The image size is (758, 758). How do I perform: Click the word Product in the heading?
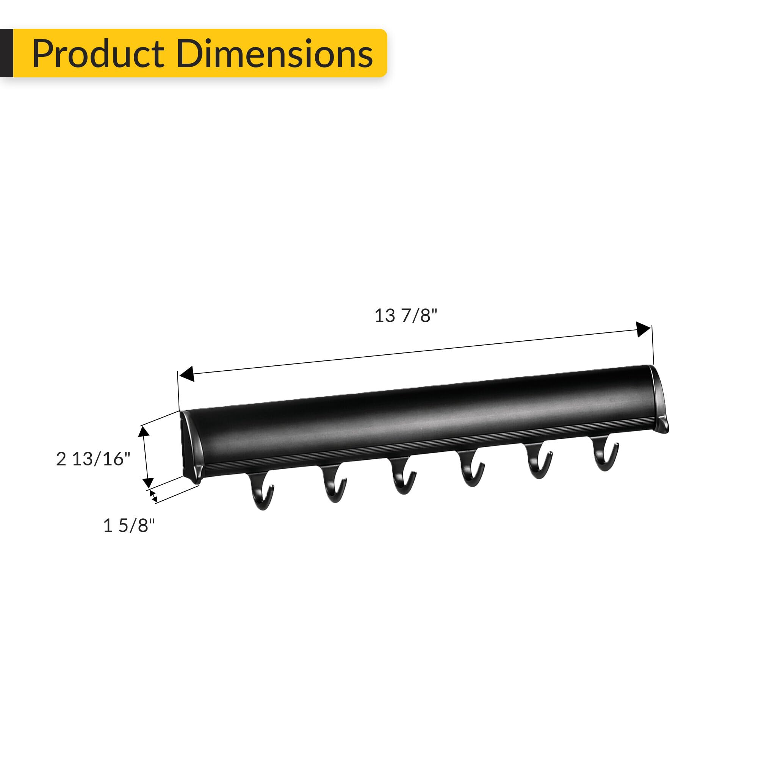pos(98,54)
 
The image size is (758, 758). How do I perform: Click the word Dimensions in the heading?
pos(274,54)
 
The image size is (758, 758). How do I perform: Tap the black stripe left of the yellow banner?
pos(6,53)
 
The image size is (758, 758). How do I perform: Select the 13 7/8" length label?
pos(405,316)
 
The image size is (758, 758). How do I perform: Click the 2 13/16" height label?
pos(93,459)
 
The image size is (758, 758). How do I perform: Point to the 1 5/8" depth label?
pos(129,525)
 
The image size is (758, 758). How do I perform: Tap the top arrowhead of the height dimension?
pos(144,432)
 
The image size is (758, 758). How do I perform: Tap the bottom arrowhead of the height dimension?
pos(148,482)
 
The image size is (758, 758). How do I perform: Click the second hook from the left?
pos(334,484)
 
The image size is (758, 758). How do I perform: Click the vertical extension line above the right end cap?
pos(653,345)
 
